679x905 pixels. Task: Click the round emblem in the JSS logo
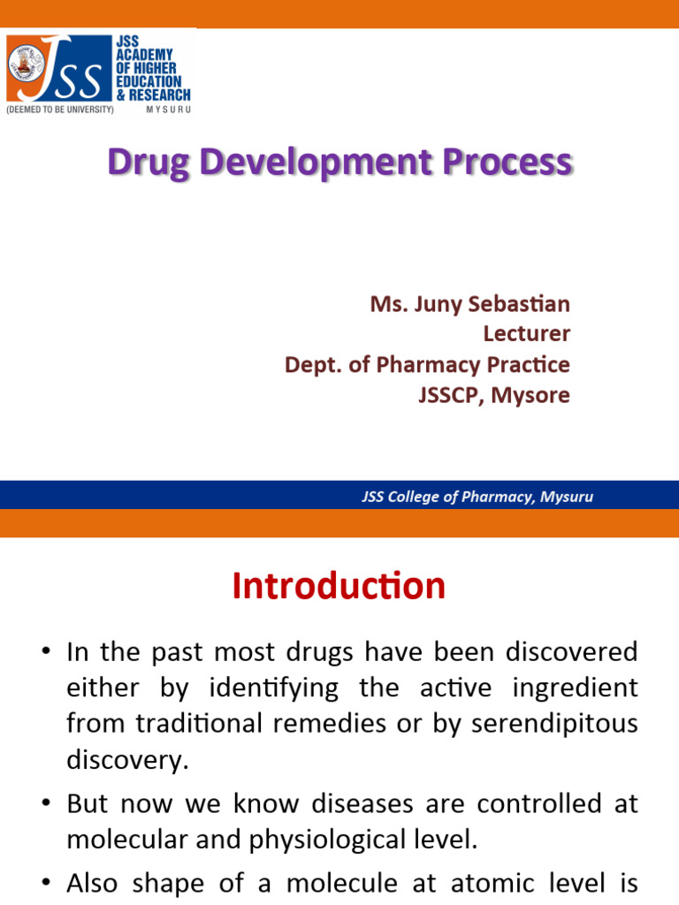coord(26,64)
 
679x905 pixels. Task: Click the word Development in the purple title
coord(316,163)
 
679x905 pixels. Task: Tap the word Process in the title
coord(507,162)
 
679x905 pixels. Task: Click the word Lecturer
coord(527,333)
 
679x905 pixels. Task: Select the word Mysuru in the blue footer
coord(567,497)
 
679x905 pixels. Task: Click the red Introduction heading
coord(339,586)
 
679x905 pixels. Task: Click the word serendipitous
coord(554,724)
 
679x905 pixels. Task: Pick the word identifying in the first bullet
coord(274,688)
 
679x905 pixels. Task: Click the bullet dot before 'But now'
coord(46,803)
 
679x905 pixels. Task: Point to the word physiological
coord(327,840)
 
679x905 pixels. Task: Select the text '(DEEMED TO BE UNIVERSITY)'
coord(60,110)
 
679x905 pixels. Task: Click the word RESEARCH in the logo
coord(160,95)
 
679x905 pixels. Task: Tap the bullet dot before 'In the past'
coord(46,651)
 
